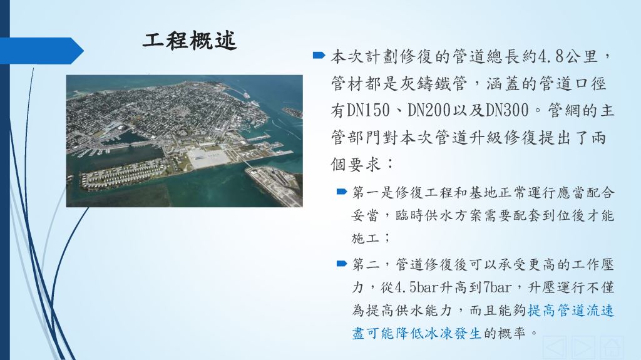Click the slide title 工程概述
[x=190, y=41]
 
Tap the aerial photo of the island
[x=185, y=141]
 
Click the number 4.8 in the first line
[x=551, y=56]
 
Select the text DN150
[x=368, y=110]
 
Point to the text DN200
[x=429, y=110]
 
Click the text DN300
[x=507, y=110]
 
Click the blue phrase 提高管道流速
[x=571, y=311]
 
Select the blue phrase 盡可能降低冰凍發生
[x=417, y=334]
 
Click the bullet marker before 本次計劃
[x=319, y=55]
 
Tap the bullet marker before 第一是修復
[x=342, y=191]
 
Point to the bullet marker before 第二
[x=342, y=264]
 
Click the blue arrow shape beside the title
[x=42, y=51]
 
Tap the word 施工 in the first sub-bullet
[x=366, y=238]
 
